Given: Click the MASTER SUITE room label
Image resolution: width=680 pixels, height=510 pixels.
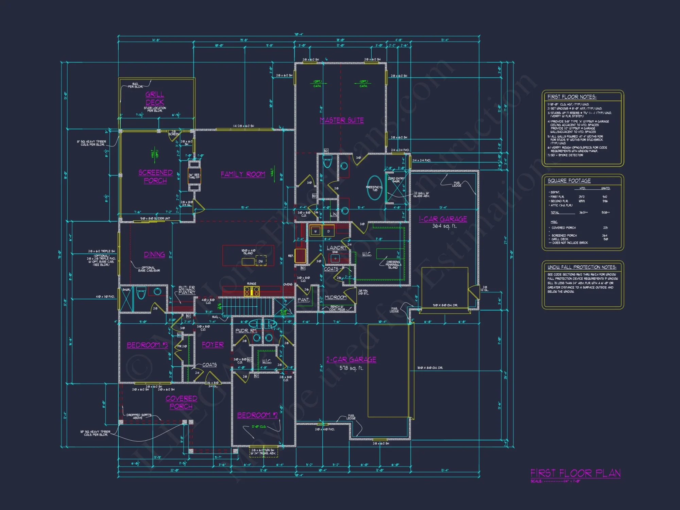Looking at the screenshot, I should click(x=342, y=120).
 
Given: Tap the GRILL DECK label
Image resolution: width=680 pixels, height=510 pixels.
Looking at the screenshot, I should click(x=155, y=98).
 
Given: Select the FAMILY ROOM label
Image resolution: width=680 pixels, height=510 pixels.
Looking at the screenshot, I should click(x=243, y=174).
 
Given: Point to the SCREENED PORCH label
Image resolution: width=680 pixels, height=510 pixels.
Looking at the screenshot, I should click(x=155, y=176).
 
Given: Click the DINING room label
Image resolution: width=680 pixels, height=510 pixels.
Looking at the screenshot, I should click(x=154, y=254).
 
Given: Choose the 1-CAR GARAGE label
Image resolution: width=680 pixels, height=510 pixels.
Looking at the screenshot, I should click(x=443, y=219).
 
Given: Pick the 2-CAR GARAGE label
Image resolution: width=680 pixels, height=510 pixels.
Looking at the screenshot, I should click(x=351, y=359).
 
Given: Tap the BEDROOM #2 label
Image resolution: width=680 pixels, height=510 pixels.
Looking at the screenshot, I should click(x=257, y=415).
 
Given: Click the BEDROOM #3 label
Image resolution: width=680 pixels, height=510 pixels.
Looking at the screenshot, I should click(x=147, y=345).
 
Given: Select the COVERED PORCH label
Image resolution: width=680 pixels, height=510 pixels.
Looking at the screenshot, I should click(x=181, y=402).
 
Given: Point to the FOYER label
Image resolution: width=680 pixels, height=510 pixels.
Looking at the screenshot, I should click(x=213, y=345).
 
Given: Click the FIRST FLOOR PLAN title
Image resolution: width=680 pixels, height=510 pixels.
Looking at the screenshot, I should click(x=575, y=473).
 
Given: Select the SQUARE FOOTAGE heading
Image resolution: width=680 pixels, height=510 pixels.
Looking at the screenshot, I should click(x=569, y=181).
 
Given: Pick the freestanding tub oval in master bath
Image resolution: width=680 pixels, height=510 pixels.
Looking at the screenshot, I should click(x=375, y=188).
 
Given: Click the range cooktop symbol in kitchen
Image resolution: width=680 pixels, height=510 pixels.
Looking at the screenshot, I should click(x=252, y=291).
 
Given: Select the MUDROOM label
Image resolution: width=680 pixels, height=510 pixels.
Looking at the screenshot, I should click(x=335, y=297).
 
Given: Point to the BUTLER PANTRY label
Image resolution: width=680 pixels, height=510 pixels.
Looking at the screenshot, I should click(x=187, y=290).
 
